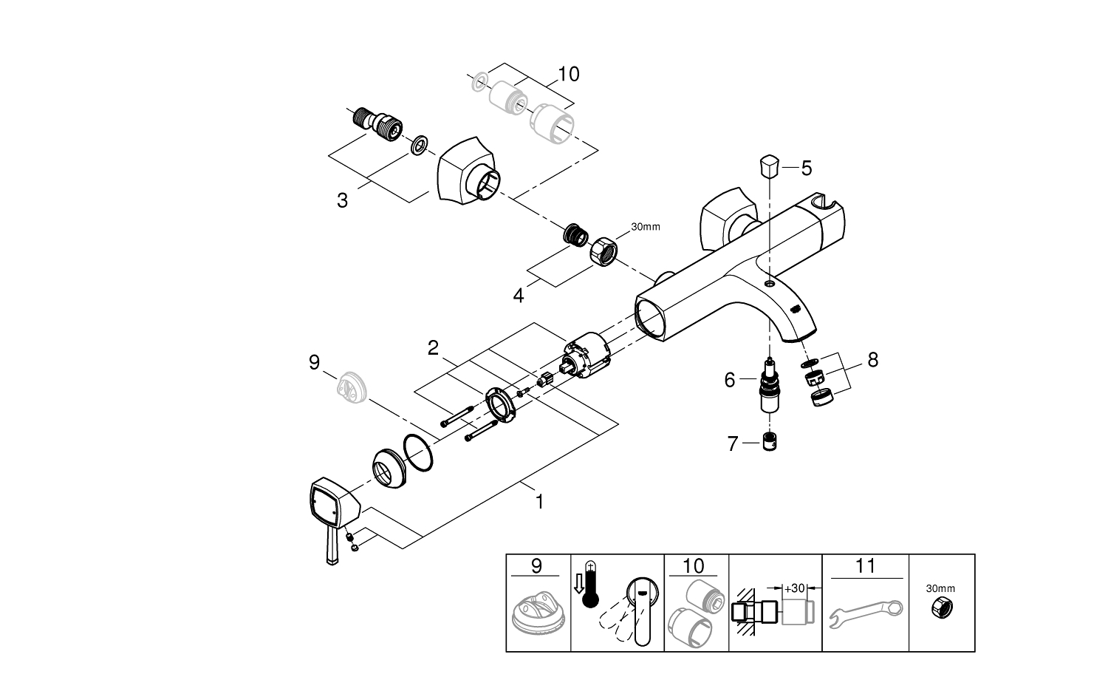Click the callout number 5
(x=806, y=168)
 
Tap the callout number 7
(x=733, y=444)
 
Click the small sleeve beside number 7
(x=770, y=443)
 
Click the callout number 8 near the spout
(x=872, y=360)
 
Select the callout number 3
(x=342, y=200)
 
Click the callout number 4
(x=519, y=295)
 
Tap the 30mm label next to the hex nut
(x=645, y=226)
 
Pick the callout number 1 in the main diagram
(x=539, y=502)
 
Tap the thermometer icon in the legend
(x=589, y=584)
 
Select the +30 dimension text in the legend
(x=794, y=588)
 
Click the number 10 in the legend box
(x=694, y=566)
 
